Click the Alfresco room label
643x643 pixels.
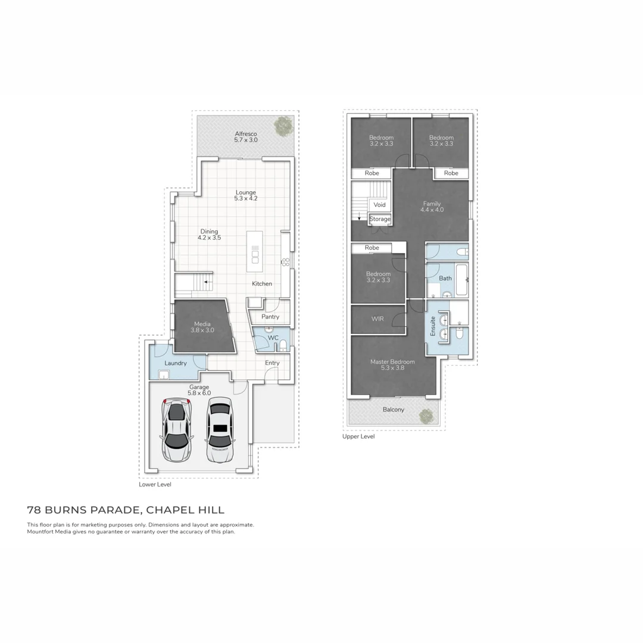pyautogui.click(x=246, y=136)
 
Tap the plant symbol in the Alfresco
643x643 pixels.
pyautogui.click(x=283, y=126)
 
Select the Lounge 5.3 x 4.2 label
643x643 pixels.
pyautogui.click(x=245, y=196)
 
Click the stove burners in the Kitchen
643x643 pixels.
pyautogui.click(x=285, y=261)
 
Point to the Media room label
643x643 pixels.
pyautogui.click(x=202, y=327)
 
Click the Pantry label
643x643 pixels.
pyautogui.click(x=270, y=317)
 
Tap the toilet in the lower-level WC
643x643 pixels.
pyautogui.click(x=283, y=345)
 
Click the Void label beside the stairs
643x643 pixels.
pyautogui.click(x=379, y=204)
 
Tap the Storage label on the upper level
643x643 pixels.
pyautogui.click(x=380, y=219)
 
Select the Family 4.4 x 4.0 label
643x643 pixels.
pyautogui.click(x=432, y=207)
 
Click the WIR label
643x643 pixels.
pyautogui.click(x=377, y=319)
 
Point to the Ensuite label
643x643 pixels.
pyautogui.click(x=433, y=326)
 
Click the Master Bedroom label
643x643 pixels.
pyautogui.click(x=392, y=364)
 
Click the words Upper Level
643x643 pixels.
pyautogui.click(x=358, y=436)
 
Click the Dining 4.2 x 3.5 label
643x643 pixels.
pyautogui.click(x=209, y=235)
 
